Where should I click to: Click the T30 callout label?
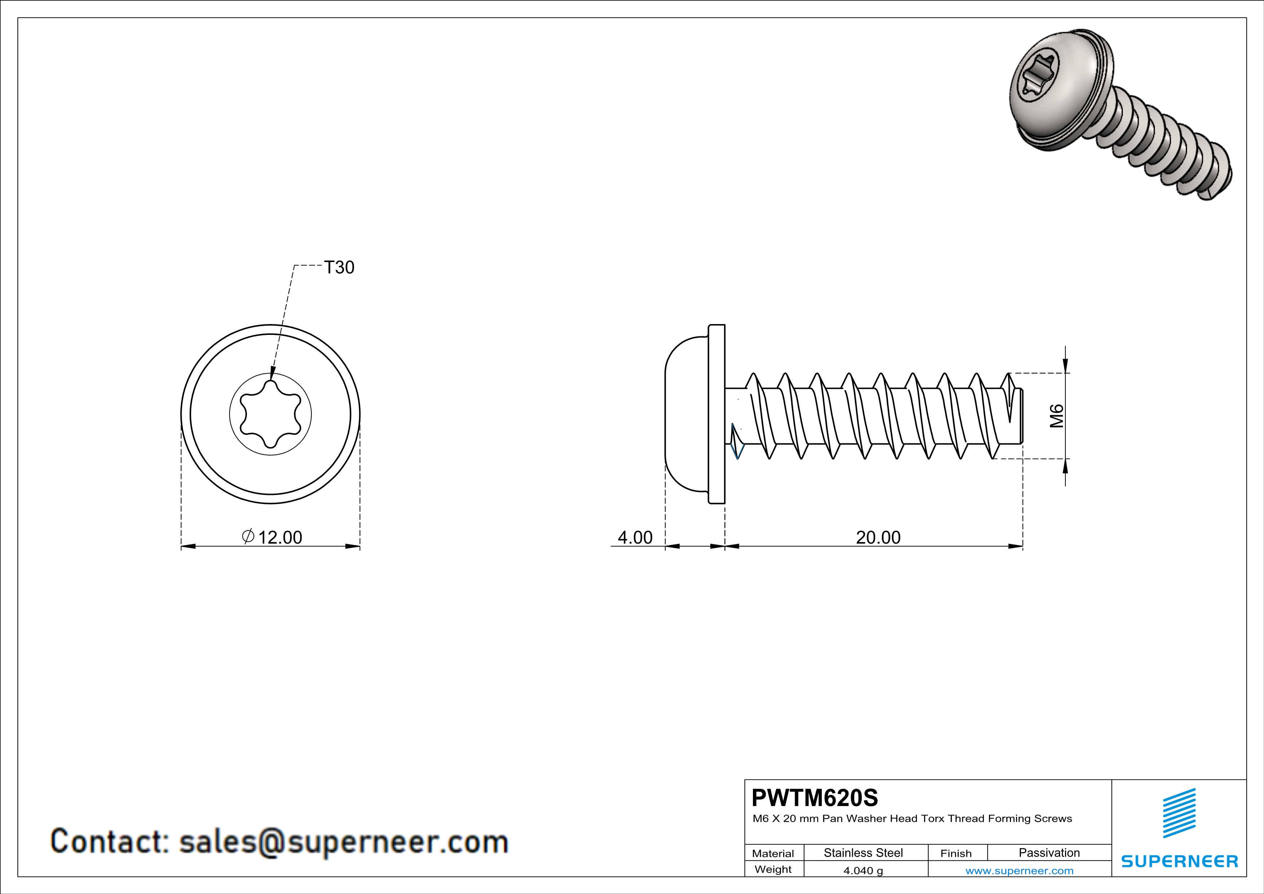[x=339, y=267]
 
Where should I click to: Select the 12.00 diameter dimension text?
[x=280, y=537]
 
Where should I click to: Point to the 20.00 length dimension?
[x=878, y=537]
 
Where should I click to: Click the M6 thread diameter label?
[x=1056, y=416]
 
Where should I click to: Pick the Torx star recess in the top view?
[x=270, y=414]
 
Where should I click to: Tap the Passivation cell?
[x=1049, y=853]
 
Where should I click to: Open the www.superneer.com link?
[x=1019, y=870]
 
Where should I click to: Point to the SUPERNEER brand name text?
[x=1179, y=861]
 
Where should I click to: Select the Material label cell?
[x=773, y=853]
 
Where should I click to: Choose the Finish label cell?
[x=956, y=853]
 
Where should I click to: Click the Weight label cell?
[x=773, y=869]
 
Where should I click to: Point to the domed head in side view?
[x=686, y=414]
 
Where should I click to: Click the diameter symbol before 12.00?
[x=248, y=536]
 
